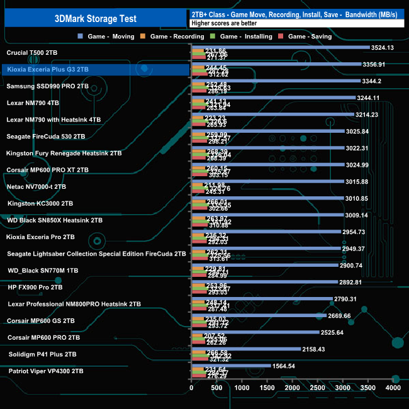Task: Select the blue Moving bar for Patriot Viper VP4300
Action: click(x=230, y=365)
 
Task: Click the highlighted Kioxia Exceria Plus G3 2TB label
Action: click(x=47, y=70)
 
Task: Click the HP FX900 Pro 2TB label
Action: click(x=35, y=288)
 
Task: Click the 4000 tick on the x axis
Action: click(x=392, y=388)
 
